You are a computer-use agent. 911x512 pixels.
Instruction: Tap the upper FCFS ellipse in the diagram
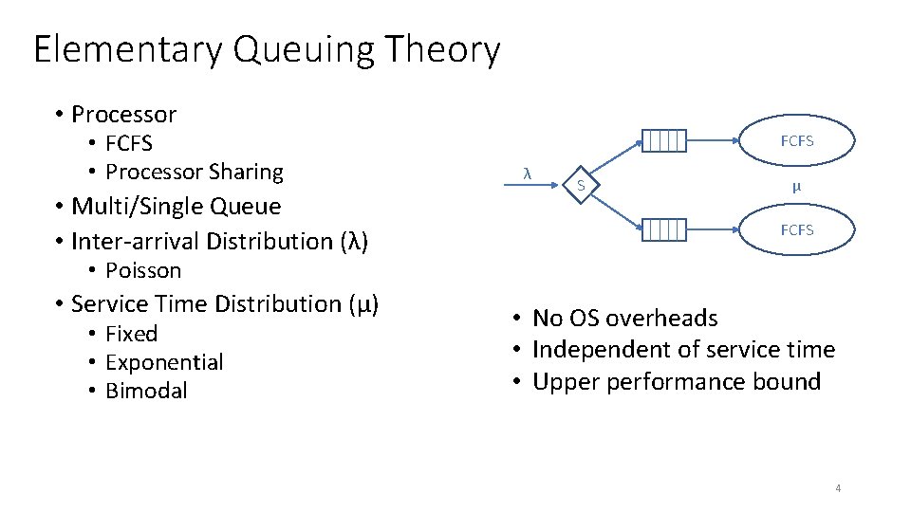coord(797,141)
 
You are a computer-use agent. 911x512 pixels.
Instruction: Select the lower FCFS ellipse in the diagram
coord(797,229)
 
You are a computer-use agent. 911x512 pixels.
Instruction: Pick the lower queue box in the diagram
coord(662,229)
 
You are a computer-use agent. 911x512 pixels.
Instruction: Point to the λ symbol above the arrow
coord(527,172)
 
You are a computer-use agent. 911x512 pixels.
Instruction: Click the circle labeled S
coord(582,185)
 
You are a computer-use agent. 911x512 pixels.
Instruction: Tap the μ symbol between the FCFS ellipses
coord(797,186)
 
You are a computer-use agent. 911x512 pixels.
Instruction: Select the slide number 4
coord(838,488)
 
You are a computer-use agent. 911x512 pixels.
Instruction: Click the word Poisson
coord(142,270)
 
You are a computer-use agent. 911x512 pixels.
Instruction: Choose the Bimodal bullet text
coord(146,391)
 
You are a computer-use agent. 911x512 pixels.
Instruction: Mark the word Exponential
coord(164,362)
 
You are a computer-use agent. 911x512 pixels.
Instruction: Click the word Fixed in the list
coord(131,334)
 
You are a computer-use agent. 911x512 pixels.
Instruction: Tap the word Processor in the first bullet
coord(124,115)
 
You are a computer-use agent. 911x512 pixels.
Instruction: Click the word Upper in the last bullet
coord(566,382)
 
